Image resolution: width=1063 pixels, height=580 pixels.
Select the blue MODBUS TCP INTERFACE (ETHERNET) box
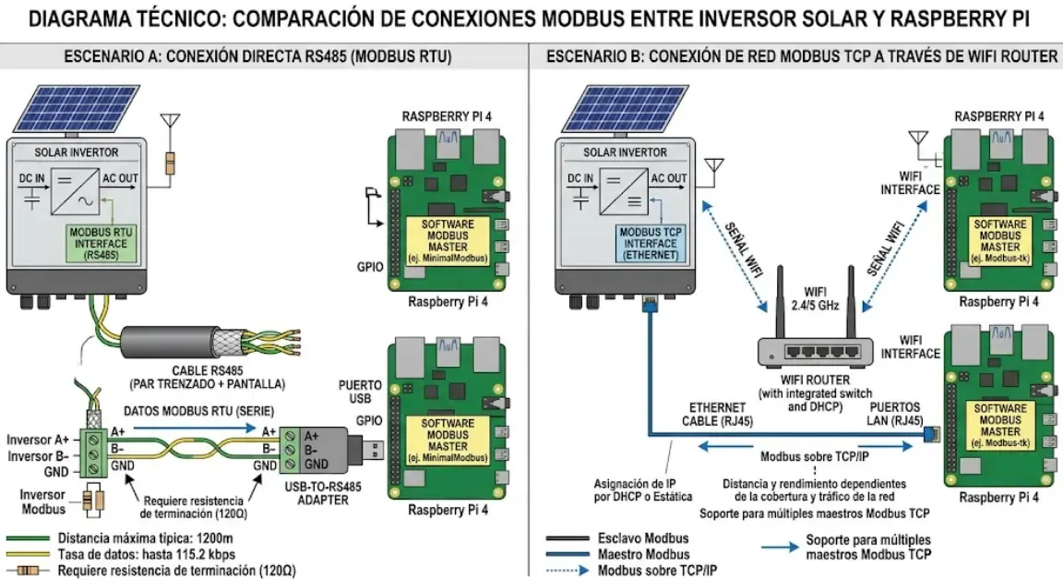[x=648, y=243]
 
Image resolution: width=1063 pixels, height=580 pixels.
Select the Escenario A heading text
[x=258, y=56]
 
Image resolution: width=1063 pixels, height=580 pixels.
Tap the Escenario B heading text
[x=801, y=56]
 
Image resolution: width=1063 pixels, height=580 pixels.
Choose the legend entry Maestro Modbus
[x=644, y=554]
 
